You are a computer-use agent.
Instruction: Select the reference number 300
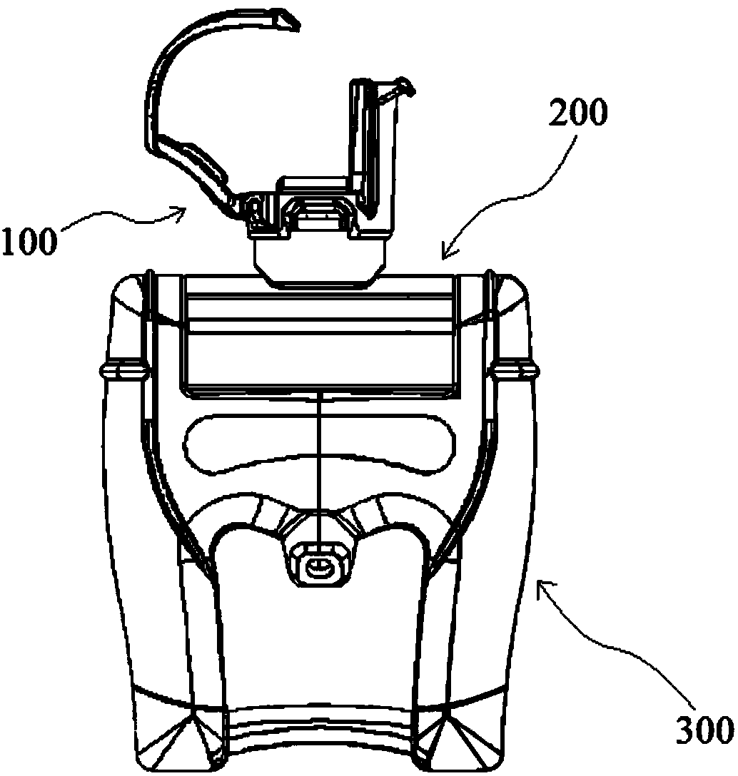click(703, 730)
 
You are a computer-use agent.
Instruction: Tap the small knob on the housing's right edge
click(525, 369)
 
